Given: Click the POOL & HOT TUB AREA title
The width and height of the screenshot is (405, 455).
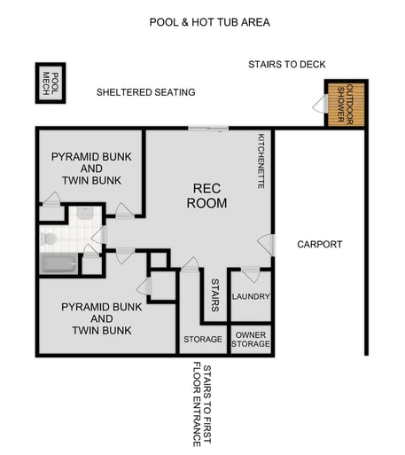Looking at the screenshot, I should point(209,22).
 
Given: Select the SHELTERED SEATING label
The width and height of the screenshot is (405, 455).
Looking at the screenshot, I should point(145,92).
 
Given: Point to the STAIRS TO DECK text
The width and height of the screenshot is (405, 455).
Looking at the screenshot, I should point(286,65).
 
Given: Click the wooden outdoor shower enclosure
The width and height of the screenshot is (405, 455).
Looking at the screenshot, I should point(346,104).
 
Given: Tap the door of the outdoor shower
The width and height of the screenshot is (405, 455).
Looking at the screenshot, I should point(319,105).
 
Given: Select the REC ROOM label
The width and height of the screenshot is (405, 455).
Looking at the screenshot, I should point(210,196).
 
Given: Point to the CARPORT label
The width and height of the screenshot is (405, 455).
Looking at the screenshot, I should point(319,244).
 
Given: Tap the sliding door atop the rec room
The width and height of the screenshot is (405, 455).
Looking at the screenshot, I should point(209,129).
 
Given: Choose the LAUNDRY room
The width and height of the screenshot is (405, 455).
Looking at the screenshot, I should point(250,296).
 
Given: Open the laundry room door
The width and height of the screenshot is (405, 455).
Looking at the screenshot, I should point(250,273).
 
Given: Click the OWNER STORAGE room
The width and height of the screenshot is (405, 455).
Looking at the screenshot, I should point(250,340).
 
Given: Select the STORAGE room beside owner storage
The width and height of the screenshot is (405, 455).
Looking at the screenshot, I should point(202,339).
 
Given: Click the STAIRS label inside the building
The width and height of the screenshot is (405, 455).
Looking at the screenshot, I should point(214,296).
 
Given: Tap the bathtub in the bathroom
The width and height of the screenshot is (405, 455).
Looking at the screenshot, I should point(58,263).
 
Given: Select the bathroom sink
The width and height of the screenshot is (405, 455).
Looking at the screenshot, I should point(84,214).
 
